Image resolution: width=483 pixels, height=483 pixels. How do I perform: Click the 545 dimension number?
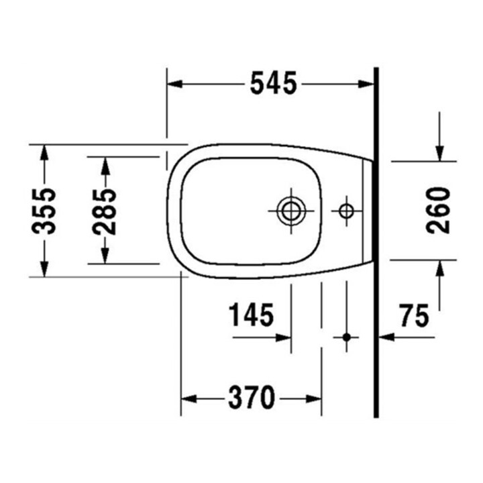(274, 83)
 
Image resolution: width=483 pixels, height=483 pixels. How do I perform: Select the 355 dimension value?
(44, 211)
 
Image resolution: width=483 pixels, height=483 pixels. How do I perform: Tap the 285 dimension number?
(105, 211)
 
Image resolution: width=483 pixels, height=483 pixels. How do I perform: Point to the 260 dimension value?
(438, 210)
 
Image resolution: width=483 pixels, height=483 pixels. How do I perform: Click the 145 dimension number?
(251, 315)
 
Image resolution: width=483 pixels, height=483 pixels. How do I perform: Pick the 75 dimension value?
(415, 315)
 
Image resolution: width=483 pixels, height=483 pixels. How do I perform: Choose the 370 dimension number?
(252, 397)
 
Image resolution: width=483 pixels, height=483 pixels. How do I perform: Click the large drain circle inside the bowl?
(291, 211)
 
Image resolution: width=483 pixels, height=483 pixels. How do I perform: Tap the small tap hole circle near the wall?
(346, 211)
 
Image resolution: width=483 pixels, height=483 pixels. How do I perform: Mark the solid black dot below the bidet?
(347, 337)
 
